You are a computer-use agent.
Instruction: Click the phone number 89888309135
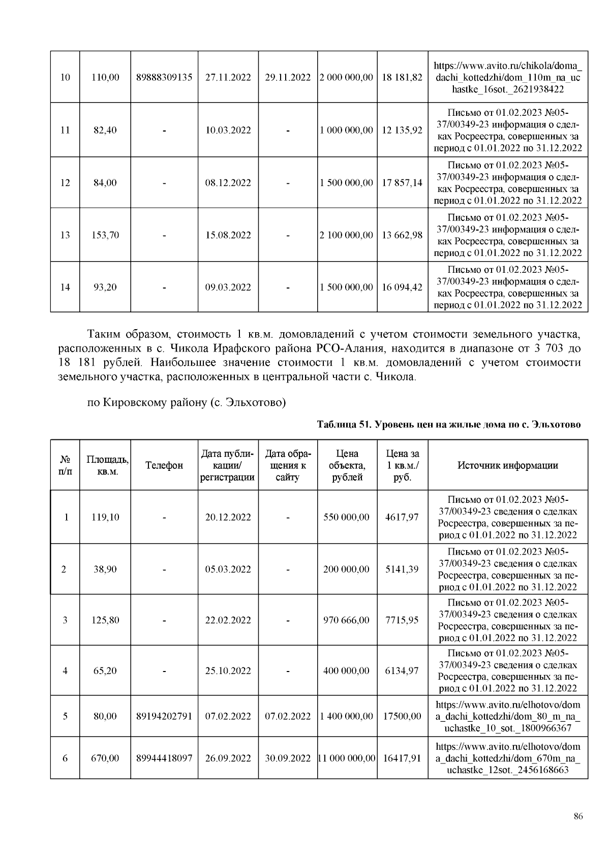164,77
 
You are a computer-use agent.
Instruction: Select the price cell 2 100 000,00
346,235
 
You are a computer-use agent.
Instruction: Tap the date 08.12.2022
228,183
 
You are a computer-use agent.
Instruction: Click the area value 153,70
105,235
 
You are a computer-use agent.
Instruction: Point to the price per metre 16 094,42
402,288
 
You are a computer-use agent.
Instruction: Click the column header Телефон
164,465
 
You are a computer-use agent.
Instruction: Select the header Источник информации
507,465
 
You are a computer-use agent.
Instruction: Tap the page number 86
577,817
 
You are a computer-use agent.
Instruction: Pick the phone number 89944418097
164,758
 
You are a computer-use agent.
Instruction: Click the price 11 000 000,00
346,758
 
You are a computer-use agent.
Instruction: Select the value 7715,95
402,620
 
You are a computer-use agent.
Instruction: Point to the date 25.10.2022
228,671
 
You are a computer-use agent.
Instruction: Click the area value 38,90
105,569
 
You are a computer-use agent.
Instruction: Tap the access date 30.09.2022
288,758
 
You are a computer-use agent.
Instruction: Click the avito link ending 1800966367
507,717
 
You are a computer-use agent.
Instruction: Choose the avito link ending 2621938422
507,77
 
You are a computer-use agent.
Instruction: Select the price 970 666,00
346,620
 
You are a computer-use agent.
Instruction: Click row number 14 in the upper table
65,288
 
